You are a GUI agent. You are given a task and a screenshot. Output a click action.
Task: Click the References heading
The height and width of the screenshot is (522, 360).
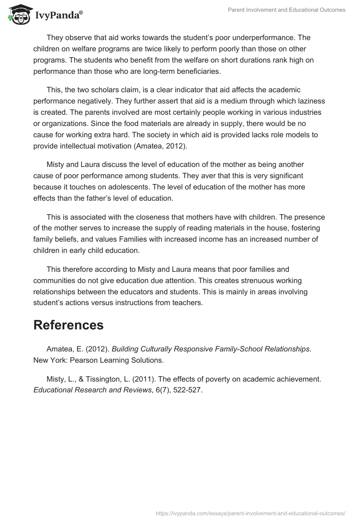68,325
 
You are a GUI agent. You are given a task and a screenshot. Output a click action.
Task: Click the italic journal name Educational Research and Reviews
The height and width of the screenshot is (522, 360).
92,390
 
